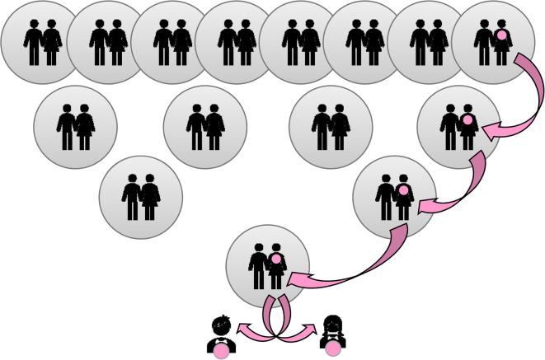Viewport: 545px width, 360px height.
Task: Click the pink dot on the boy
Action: tap(221, 353)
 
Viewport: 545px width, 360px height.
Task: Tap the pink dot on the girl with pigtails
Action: tap(332, 353)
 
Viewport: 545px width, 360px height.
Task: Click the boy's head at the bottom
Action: tap(220, 325)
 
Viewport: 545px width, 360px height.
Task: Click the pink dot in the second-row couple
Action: tap(467, 120)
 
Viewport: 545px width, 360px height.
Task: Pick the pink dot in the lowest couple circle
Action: tap(277, 259)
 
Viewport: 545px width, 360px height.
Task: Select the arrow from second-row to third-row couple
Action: tap(462, 185)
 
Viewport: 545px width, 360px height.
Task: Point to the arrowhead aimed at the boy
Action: tap(245, 331)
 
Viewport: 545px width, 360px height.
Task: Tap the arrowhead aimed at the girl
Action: tap(309, 331)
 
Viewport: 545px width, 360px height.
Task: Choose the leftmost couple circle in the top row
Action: tap(42, 41)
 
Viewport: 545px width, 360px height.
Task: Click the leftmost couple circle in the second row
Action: tap(75, 126)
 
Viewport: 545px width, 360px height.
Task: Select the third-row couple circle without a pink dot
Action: tap(141, 197)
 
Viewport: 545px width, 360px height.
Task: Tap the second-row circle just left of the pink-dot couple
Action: tap(331, 126)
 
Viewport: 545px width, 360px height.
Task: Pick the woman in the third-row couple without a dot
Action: tap(150, 199)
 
